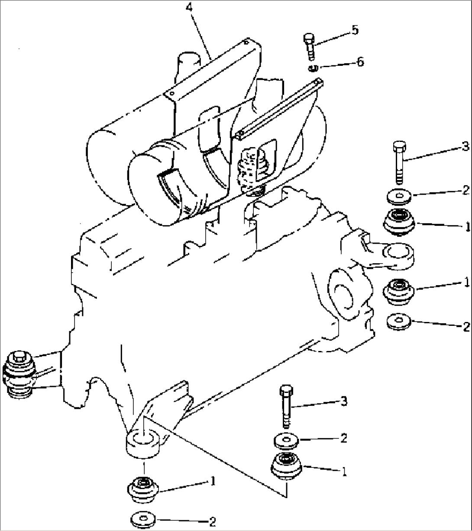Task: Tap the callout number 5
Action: pyautogui.click(x=355, y=31)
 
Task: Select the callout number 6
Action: pyautogui.click(x=360, y=62)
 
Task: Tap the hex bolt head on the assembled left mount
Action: pyautogui.click(x=19, y=357)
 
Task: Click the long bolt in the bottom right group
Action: pyautogui.click(x=286, y=405)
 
